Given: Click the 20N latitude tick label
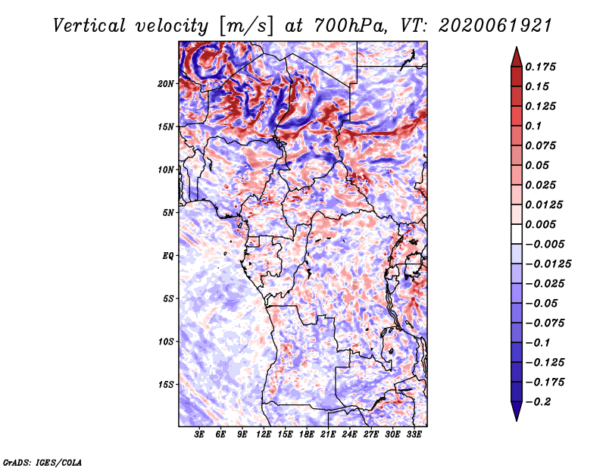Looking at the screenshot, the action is pos(166,83).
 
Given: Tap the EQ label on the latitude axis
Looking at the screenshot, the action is pos(168,256).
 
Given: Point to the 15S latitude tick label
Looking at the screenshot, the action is pos(166,385).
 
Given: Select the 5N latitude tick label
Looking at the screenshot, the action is pos(168,213).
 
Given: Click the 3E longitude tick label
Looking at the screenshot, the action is pos(199,435).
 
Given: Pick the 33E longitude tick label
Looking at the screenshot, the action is pos(414,435).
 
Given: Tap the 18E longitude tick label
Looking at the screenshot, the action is pos(307,435).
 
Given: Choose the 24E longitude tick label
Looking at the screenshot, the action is pos(349,435).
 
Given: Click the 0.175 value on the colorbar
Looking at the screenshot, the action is pos(540,67).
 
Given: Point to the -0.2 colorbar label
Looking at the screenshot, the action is pos(538,401).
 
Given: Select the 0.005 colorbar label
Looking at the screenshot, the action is pos(540,224).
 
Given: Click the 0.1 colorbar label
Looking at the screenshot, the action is pos(533,126).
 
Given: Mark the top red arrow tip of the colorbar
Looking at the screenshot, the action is pos(517,47).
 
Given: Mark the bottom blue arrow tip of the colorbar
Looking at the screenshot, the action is pos(517,420).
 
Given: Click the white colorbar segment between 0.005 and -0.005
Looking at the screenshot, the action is pos(517,234).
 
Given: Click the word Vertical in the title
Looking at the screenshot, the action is pos(89,26).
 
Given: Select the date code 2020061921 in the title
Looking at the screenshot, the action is pos(495,26).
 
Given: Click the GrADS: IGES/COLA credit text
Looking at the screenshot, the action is pos(42,463).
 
